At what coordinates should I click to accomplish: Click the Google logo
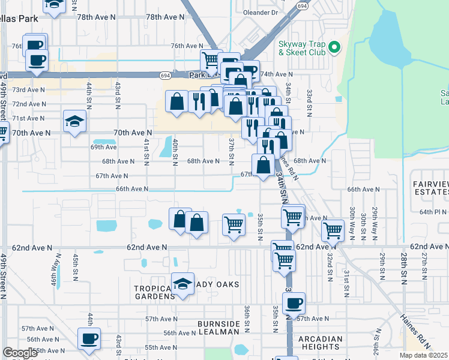point(20,353)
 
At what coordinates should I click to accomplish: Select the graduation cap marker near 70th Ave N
point(75,123)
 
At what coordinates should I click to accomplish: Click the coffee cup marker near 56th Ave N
point(89,338)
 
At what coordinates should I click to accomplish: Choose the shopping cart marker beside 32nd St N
point(333,230)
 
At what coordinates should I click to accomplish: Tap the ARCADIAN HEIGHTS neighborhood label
point(320,343)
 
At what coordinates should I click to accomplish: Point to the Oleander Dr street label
point(261,12)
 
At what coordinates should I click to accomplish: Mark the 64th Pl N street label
point(433,212)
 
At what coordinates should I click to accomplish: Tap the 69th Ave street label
point(103,147)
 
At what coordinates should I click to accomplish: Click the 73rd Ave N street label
point(29,90)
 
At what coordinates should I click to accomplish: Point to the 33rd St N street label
point(309,103)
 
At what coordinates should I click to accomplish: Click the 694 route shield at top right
point(303,5)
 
